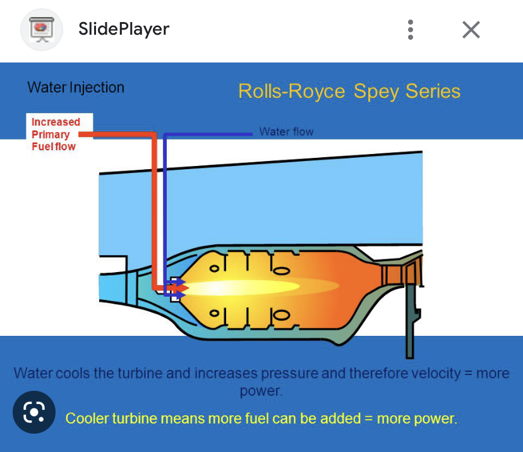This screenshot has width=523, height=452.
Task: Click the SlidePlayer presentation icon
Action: pyautogui.click(x=42, y=29)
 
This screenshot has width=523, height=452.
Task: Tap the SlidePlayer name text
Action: pyautogui.click(x=124, y=29)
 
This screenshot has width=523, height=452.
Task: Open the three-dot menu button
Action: pyautogui.click(x=411, y=30)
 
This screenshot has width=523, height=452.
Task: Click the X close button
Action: pyautogui.click(x=471, y=30)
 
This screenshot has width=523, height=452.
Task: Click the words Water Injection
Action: pyautogui.click(x=76, y=88)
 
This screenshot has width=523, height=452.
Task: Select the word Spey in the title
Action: pyautogui.click(x=376, y=92)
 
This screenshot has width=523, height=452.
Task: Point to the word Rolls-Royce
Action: pyautogui.click(x=292, y=92)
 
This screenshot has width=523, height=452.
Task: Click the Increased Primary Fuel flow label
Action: pyautogui.click(x=56, y=134)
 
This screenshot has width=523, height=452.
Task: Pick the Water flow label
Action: pyautogui.click(x=286, y=132)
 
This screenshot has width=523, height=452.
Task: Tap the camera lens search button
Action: pyautogui.click(x=33, y=413)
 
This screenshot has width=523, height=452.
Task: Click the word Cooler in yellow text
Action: pyautogui.click(x=87, y=419)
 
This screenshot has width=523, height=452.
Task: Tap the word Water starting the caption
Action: pyautogui.click(x=33, y=373)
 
